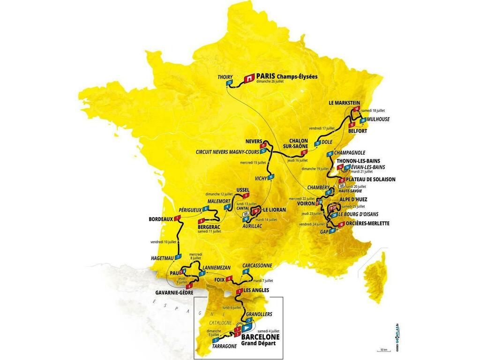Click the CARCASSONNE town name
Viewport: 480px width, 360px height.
coord(257,265)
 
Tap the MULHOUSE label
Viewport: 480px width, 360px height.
coord(378,120)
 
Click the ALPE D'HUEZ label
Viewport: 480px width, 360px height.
coord(357,199)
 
